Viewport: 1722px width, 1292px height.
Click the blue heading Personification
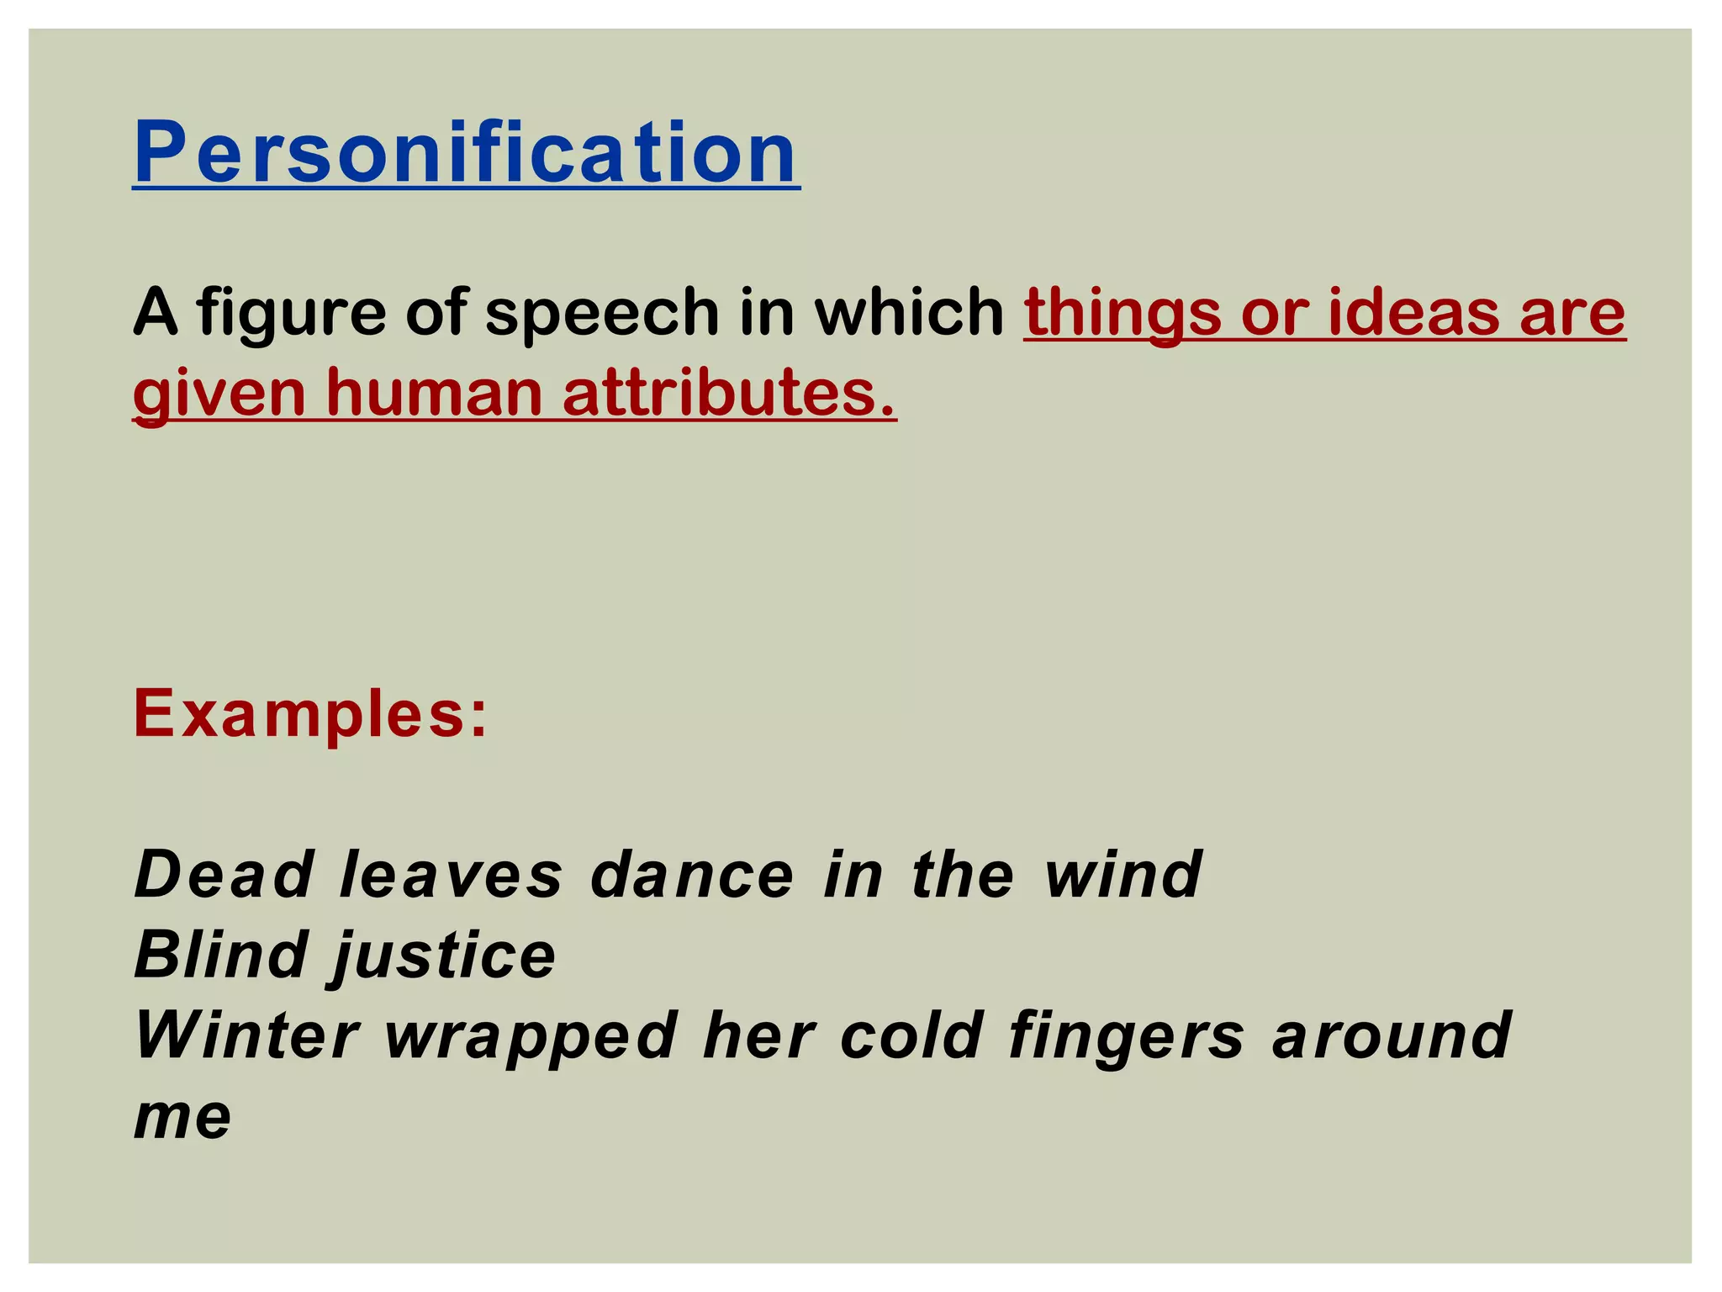point(466,153)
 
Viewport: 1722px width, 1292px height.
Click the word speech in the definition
point(603,312)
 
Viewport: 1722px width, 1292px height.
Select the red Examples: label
point(310,713)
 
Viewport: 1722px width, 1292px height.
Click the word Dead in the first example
point(224,875)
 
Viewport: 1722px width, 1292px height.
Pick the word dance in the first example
point(692,875)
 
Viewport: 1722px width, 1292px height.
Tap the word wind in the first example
point(1122,875)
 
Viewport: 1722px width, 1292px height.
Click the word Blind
point(220,955)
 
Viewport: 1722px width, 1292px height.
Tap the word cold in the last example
point(911,1035)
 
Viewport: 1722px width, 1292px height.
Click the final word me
point(182,1118)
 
